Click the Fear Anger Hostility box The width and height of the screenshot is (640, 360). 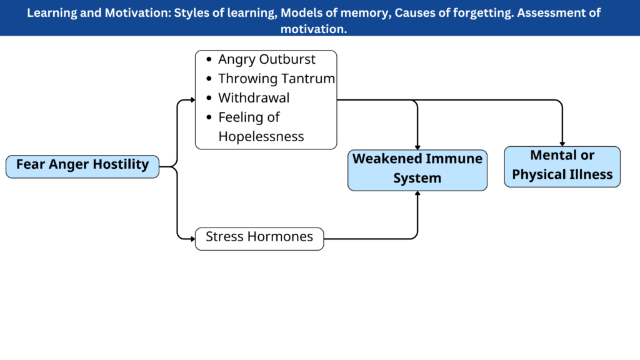(82, 166)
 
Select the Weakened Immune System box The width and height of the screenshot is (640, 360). (417, 170)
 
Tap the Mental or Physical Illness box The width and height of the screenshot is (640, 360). (562, 167)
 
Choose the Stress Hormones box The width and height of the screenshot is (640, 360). (259, 239)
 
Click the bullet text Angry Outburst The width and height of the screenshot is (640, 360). (266, 59)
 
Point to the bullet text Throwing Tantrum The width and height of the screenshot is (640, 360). (276, 78)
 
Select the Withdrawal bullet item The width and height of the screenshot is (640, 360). (254, 98)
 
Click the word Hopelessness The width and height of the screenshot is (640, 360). (261, 136)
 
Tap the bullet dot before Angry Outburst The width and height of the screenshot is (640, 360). (209, 59)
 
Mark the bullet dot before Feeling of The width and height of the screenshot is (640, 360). (209, 117)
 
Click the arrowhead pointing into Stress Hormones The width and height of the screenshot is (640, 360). (193, 239)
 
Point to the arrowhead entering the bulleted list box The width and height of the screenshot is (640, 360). (193, 99)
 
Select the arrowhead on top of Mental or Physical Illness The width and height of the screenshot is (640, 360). (562, 144)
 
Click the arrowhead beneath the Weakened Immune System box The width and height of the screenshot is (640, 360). (417, 193)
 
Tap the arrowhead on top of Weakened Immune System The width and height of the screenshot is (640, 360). (417, 147)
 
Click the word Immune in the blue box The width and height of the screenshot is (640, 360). (458, 158)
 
